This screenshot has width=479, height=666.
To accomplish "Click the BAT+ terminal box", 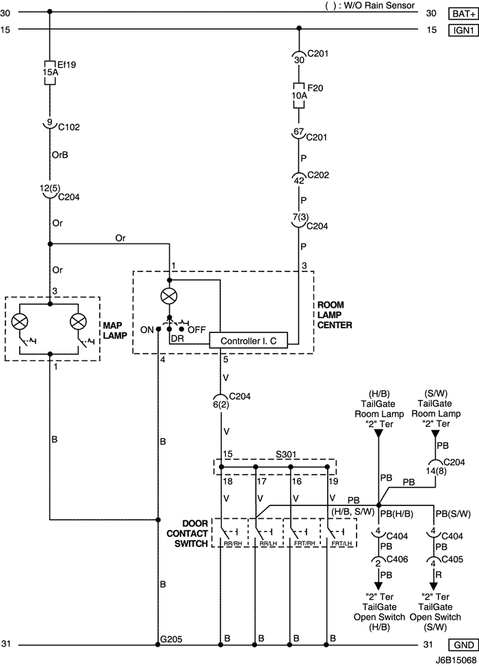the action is pos(463,14).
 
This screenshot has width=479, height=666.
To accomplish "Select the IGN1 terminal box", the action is pos(463,30).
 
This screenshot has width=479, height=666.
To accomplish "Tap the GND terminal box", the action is pos(463,645).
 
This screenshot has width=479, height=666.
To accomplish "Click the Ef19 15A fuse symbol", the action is pos(50,72).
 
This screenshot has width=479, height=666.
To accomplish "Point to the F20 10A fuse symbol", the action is pos(299,96).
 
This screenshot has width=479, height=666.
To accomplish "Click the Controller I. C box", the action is pos(248,341).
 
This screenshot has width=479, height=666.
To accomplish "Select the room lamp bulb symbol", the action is pos(169,296).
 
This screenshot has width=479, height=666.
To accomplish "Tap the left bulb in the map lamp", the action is pos(20,321).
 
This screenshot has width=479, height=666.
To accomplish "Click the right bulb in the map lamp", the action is pos(78,321).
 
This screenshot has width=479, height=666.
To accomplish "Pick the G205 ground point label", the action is pos(171,639).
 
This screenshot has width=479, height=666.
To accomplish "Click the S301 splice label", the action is pos(286,455).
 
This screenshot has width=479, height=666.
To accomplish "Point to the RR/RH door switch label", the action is pos(233,544).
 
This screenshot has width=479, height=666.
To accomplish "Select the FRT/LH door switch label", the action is pos(342,544).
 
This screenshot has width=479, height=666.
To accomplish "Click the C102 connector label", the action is pos(69,127).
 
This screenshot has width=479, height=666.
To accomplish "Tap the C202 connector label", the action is pos(318,175).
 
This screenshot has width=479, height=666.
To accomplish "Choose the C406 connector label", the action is pos(397,559).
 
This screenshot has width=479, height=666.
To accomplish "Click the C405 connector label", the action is pos(452,559).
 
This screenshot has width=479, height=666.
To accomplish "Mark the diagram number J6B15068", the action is pos(456,661).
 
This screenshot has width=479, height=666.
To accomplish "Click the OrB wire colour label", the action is pos(60,155).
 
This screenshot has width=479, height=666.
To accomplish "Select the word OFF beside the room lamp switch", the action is pos(197,330).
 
